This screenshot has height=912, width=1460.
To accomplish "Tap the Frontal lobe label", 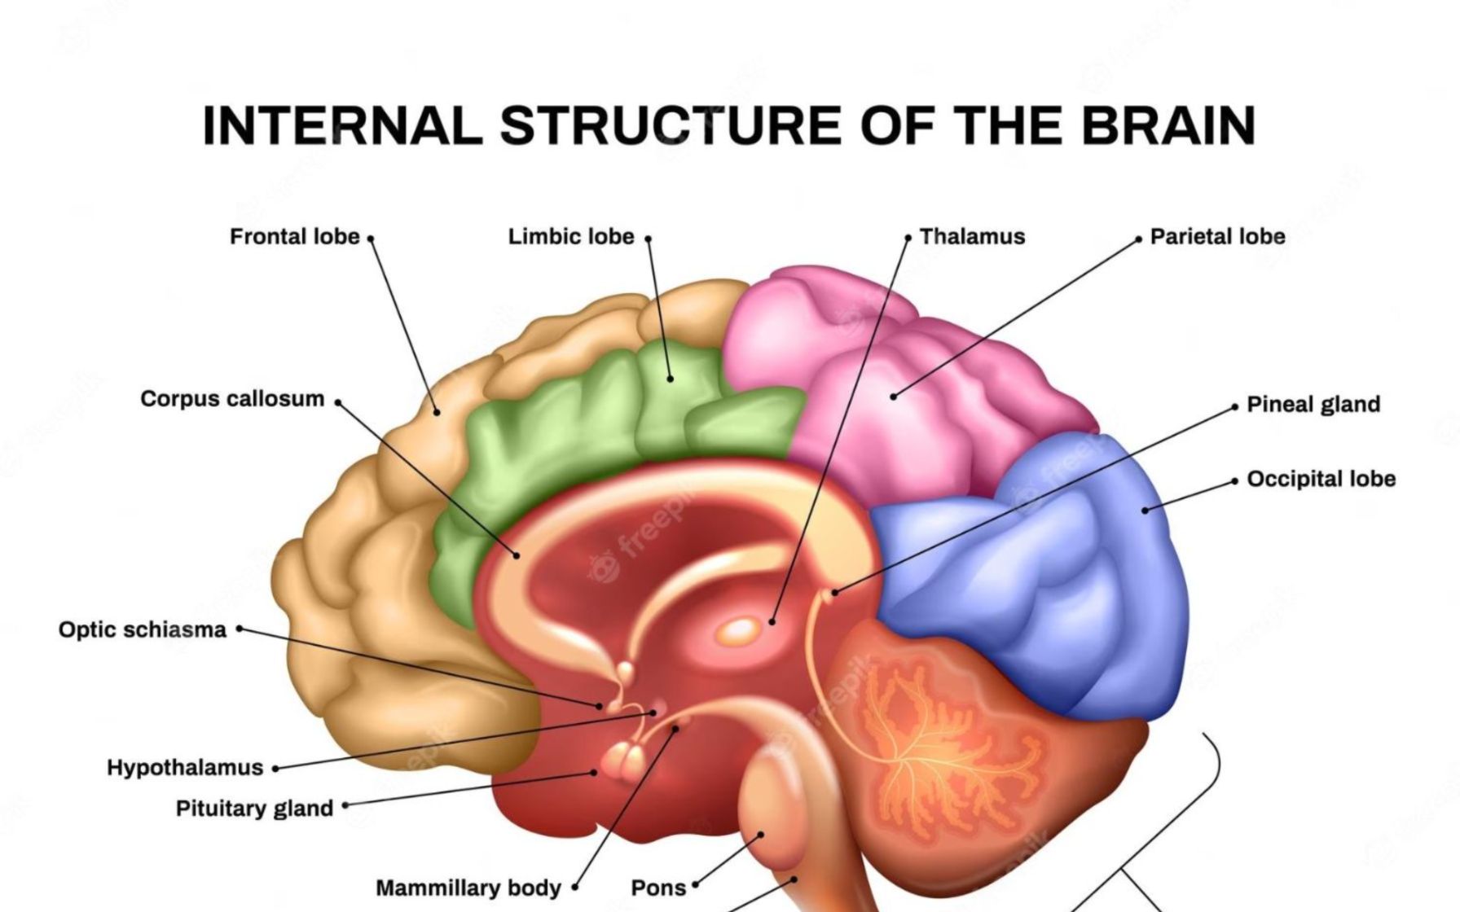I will (294, 237).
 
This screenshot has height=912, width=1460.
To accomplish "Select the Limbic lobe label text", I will (570, 237).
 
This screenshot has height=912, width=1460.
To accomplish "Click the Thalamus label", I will (972, 237).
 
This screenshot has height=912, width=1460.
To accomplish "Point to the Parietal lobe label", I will (1217, 237).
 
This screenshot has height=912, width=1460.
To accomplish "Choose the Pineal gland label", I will (1313, 405).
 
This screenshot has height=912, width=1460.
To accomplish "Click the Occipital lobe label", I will (1321, 479).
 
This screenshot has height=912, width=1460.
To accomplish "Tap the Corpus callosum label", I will (232, 399).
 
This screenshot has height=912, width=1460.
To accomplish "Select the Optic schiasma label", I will (143, 629).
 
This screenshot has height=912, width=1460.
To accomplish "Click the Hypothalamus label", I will (185, 768).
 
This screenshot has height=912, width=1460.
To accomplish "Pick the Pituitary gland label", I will (254, 809).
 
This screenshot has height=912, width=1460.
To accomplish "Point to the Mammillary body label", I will (468, 888).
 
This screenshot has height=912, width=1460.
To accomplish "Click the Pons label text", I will (658, 888).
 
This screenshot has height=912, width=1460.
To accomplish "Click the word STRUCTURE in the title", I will (671, 125).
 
